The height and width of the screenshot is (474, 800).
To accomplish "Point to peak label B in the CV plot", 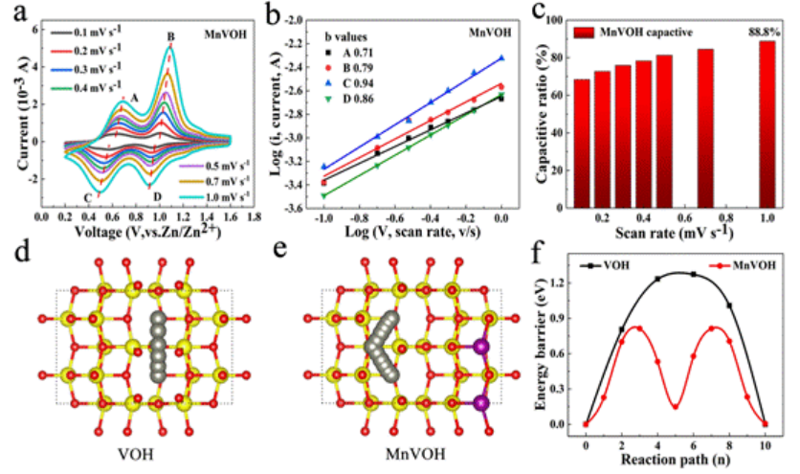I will [x=171, y=37].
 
